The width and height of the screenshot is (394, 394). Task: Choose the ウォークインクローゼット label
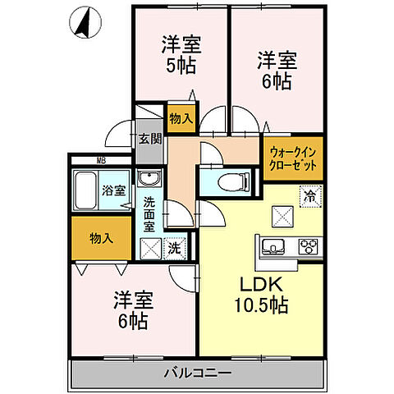(x=294, y=157)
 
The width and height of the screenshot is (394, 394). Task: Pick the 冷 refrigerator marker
(x=310, y=195)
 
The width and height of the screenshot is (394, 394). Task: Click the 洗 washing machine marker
(x=175, y=247)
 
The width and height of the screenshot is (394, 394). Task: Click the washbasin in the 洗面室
(x=149, y=180)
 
